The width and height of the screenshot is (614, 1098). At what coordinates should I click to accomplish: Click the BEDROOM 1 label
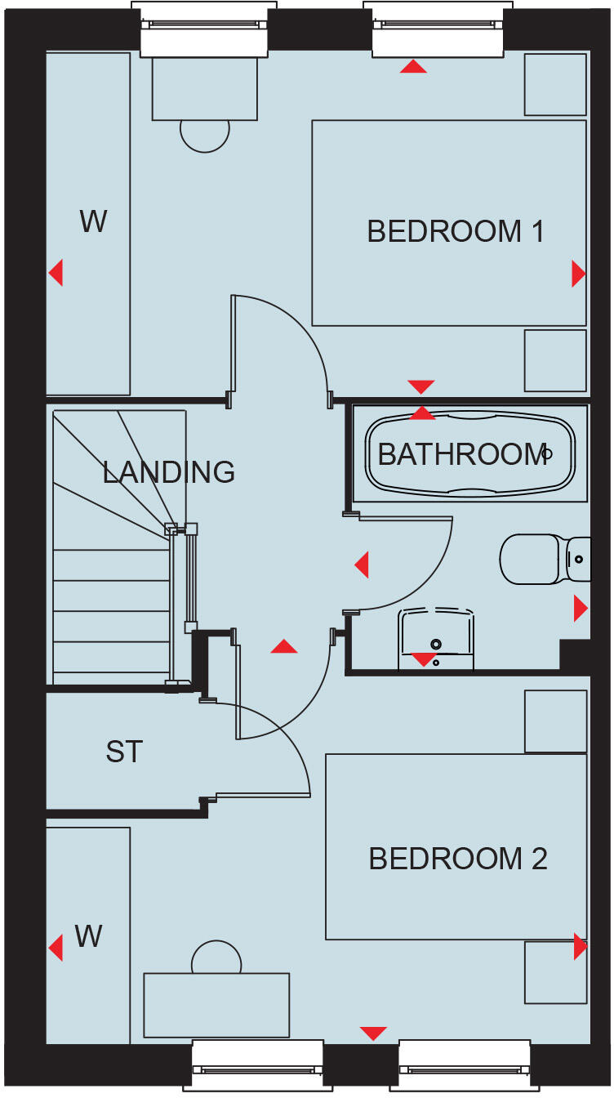[456, 231]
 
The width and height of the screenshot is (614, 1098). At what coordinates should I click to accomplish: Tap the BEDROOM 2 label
[457, 859]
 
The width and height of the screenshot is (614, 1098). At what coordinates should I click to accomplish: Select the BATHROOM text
[461, 454]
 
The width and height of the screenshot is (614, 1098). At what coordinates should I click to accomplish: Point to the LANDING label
[168, 471]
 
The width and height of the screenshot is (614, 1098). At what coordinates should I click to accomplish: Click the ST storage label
[124, 752]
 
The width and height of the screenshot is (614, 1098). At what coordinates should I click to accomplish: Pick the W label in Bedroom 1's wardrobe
[93, 221]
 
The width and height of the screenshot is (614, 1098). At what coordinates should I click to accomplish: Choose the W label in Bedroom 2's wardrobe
[88, 936]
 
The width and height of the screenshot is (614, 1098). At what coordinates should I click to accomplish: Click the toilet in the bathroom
[539, 559]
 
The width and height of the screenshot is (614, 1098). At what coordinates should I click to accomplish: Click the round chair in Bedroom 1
[205, 133]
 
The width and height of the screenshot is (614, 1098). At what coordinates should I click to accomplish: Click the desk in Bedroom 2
[216, 1005]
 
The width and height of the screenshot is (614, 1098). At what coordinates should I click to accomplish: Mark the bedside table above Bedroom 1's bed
[555, 84]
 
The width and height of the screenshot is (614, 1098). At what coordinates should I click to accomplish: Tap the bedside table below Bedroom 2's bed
[555, 972]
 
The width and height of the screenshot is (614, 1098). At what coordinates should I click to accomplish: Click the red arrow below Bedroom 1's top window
[413, 67]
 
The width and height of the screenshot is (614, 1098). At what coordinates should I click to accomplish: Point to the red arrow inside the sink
[423, 658]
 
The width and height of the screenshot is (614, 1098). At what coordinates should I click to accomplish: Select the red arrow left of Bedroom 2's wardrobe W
[56, 948]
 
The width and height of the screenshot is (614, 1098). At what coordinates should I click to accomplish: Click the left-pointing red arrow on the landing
[362, 564]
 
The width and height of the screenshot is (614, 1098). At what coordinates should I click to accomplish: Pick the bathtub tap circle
[547, 453]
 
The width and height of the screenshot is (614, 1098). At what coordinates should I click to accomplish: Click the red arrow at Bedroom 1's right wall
[578, 274]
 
